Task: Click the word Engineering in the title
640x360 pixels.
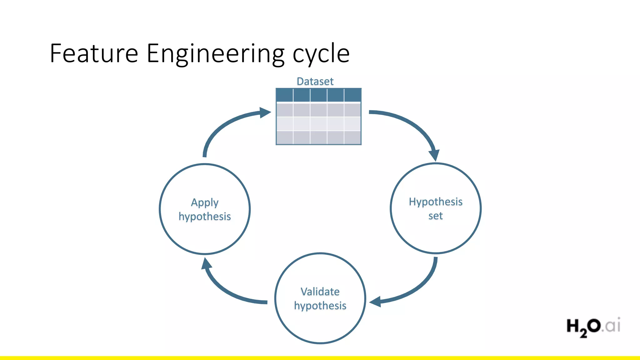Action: tap(216, 54)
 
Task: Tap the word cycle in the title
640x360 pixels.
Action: tap(321, 54)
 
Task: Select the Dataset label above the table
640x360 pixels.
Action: tap(315, 81)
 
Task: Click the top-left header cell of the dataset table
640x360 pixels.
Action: tap(284, 95)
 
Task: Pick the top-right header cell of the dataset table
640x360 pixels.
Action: tap(352, 95)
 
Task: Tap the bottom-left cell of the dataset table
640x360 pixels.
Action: tap(284, 137)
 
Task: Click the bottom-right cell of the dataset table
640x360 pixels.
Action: tap(352, 137)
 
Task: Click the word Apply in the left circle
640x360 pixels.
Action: tap(205, 202)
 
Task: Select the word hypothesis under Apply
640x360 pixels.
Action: tap(205, 216)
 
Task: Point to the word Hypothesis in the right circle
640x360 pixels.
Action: tap(436, 202)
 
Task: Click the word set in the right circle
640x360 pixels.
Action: tap(435, 216)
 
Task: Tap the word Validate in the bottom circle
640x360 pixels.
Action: tap(320, 292)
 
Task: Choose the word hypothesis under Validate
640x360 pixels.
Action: tap(320, 305)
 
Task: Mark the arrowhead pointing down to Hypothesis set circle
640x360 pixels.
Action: tap(434, 155)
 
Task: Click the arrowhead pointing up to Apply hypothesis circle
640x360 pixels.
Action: tap(206, 264)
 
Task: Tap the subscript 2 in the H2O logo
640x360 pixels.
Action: tap(583, 333)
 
